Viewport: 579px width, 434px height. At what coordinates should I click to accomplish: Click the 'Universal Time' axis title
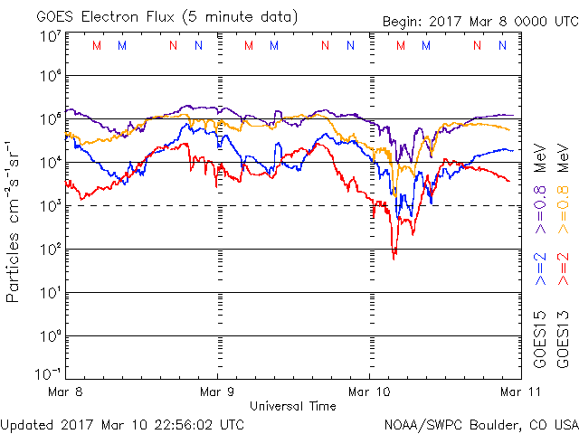coord(292,406)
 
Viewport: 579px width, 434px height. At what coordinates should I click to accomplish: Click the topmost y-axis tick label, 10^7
coord(49,36)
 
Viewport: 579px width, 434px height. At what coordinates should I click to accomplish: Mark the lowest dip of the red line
coord(394,259)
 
